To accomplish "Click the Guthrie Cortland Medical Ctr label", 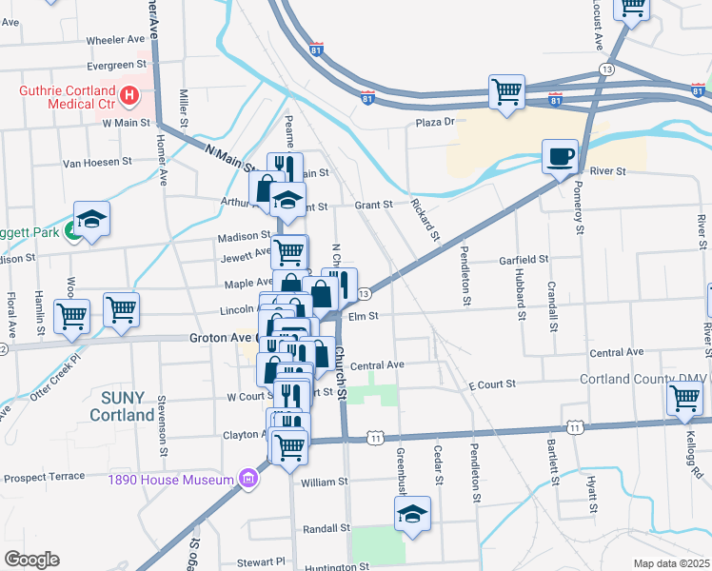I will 66,96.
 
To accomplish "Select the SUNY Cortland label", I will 122,407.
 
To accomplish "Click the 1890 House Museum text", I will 171,478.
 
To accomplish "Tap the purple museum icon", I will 248,477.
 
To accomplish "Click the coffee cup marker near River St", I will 560,155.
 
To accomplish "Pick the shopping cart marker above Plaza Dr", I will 507,93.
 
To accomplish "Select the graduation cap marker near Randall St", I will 412,514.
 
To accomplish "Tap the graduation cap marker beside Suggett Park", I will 91,220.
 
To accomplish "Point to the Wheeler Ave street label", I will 115,40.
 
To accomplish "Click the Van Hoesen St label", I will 97,163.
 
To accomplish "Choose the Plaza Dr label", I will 436,122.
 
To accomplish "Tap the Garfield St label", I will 524,259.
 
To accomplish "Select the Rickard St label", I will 426,220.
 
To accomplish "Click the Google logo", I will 31,560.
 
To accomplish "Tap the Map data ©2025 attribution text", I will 671,563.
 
